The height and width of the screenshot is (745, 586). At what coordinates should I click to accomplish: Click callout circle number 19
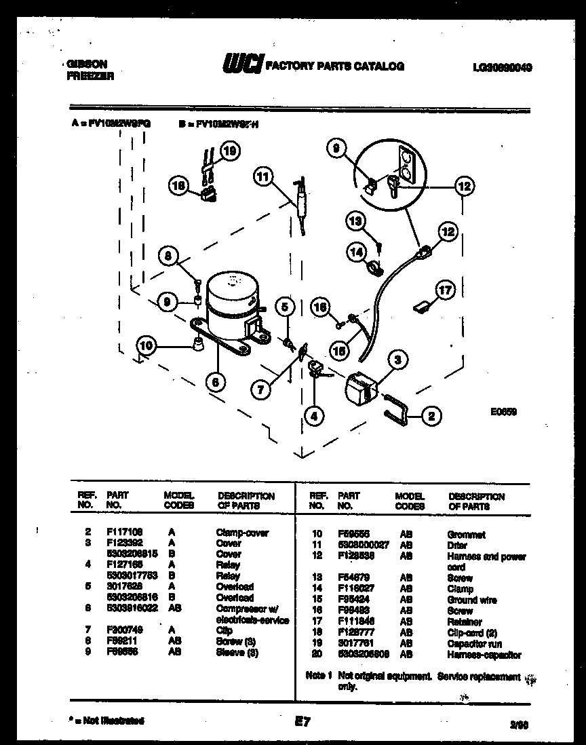[230, 151]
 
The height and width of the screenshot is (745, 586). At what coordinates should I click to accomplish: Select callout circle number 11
[262, 177]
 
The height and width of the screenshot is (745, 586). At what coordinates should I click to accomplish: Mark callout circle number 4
[313, 416]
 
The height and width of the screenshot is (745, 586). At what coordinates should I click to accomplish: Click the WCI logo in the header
[241, 65]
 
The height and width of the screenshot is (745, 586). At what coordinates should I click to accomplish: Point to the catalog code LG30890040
[502, 68]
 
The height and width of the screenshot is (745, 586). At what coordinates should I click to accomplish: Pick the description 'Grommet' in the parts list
[466, 535]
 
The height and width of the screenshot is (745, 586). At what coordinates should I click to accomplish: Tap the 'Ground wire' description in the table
[472, 600]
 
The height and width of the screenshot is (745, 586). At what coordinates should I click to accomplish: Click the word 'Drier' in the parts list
[457, 545]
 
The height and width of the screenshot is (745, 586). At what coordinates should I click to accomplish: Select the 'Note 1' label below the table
[319, 676]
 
